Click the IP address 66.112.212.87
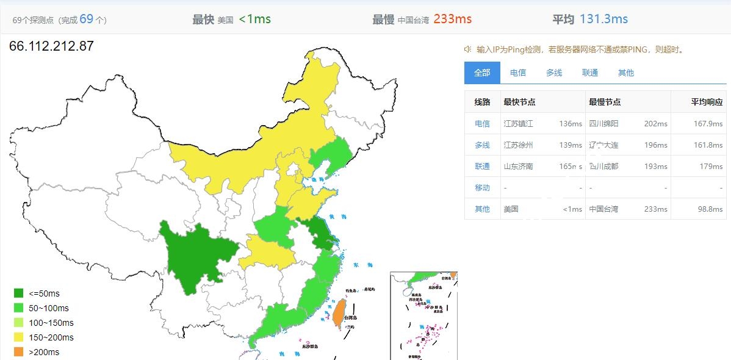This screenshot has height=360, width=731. click(51, 46)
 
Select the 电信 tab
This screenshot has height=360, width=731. click(517, 73)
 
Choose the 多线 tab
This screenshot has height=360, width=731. click(553, 73)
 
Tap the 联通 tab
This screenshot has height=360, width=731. click(589, 73)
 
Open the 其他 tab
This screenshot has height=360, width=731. click(625, 73)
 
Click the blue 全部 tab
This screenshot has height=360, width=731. click(482, 73)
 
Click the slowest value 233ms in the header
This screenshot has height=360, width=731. click(452, 19)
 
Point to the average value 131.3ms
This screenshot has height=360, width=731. click(603, 19)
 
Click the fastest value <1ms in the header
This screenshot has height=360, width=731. click(254, 19)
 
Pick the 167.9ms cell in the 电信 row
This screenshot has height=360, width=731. click(708, 123)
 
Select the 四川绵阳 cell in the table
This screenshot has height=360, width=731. click(603, 123)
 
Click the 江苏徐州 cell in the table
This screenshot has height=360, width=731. click(518, 145)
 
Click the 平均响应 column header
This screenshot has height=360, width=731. click(707, 102)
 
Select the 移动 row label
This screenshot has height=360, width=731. click(482, 187)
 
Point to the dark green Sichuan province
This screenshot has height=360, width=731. click(195, 250)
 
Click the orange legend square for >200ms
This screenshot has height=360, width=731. click(19, 352)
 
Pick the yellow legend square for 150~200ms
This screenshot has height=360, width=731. click(19, 337)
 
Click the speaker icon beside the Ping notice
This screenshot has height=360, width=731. click(468, 49)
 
